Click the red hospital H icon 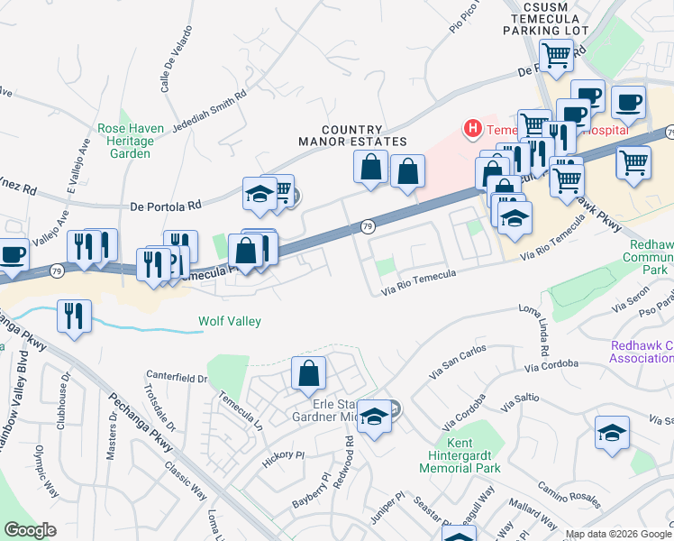pyautogui.click(x=472, y=129)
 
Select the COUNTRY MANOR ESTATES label pyautogui.click(x=352, y=136)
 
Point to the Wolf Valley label pyautogui.click(x=230, y=321)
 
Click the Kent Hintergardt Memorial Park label pyautogui.click(x=460, y=455)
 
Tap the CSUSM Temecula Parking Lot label pyautogui.click(x=549, y=17)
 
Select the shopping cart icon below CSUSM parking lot pyautogui.click(x=556, y=56)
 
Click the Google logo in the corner pyautogui.click(x=31, y=530)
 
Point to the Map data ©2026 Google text pyautogui.click(x=617, y=534)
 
